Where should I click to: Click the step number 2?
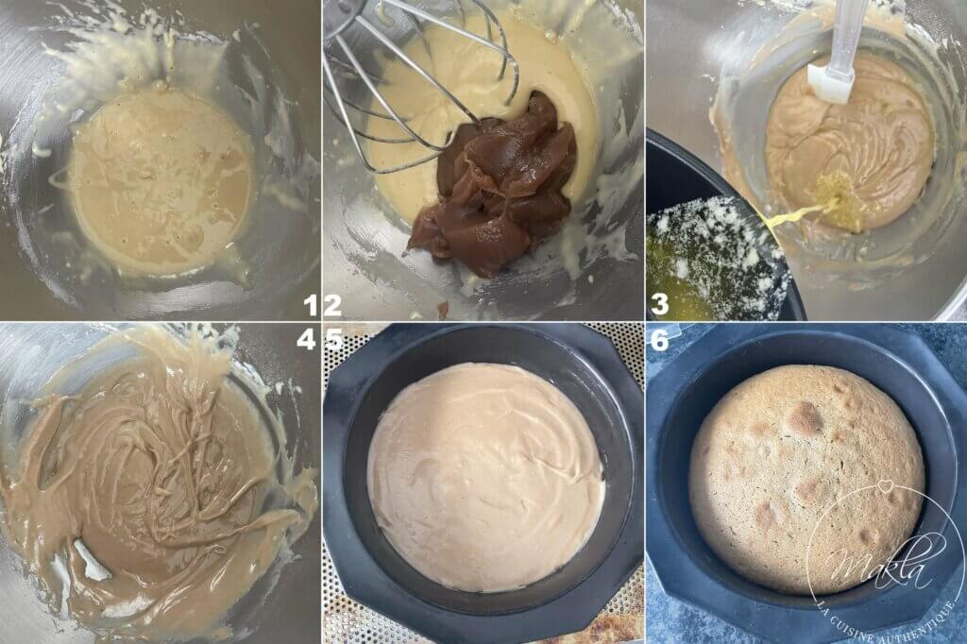coord(331,305)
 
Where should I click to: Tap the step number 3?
coord(659,305)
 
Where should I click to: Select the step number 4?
coord(306,339)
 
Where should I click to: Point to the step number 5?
coord(333,339)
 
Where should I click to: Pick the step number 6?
coord(659,339)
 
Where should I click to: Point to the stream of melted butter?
coord(803,212)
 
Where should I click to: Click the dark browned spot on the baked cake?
coord(806,417)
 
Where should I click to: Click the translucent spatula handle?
coord(847,32)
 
